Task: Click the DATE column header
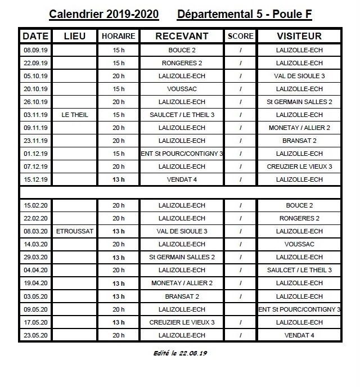35,36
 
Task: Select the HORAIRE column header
118,36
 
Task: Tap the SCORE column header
241,36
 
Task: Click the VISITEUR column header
299,36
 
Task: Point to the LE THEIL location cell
75,115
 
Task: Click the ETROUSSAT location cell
75,231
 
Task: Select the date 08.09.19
35,50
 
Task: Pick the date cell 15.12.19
35,179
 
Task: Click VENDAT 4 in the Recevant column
182,179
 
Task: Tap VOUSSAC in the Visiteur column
299,244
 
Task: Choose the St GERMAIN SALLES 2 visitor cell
299,102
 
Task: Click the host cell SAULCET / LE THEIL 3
182,115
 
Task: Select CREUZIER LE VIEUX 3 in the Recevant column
182,322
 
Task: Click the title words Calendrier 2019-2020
103,13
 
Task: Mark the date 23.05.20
35,335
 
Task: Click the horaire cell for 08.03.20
118,231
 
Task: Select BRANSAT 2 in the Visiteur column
299,141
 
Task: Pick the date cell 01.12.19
35,154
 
